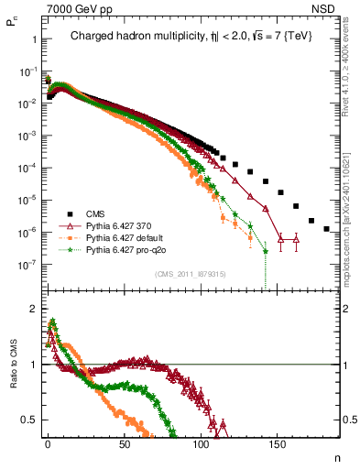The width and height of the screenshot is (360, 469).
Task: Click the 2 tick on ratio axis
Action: (31, 309)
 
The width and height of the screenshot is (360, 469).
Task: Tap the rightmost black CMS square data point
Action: (326, 229)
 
